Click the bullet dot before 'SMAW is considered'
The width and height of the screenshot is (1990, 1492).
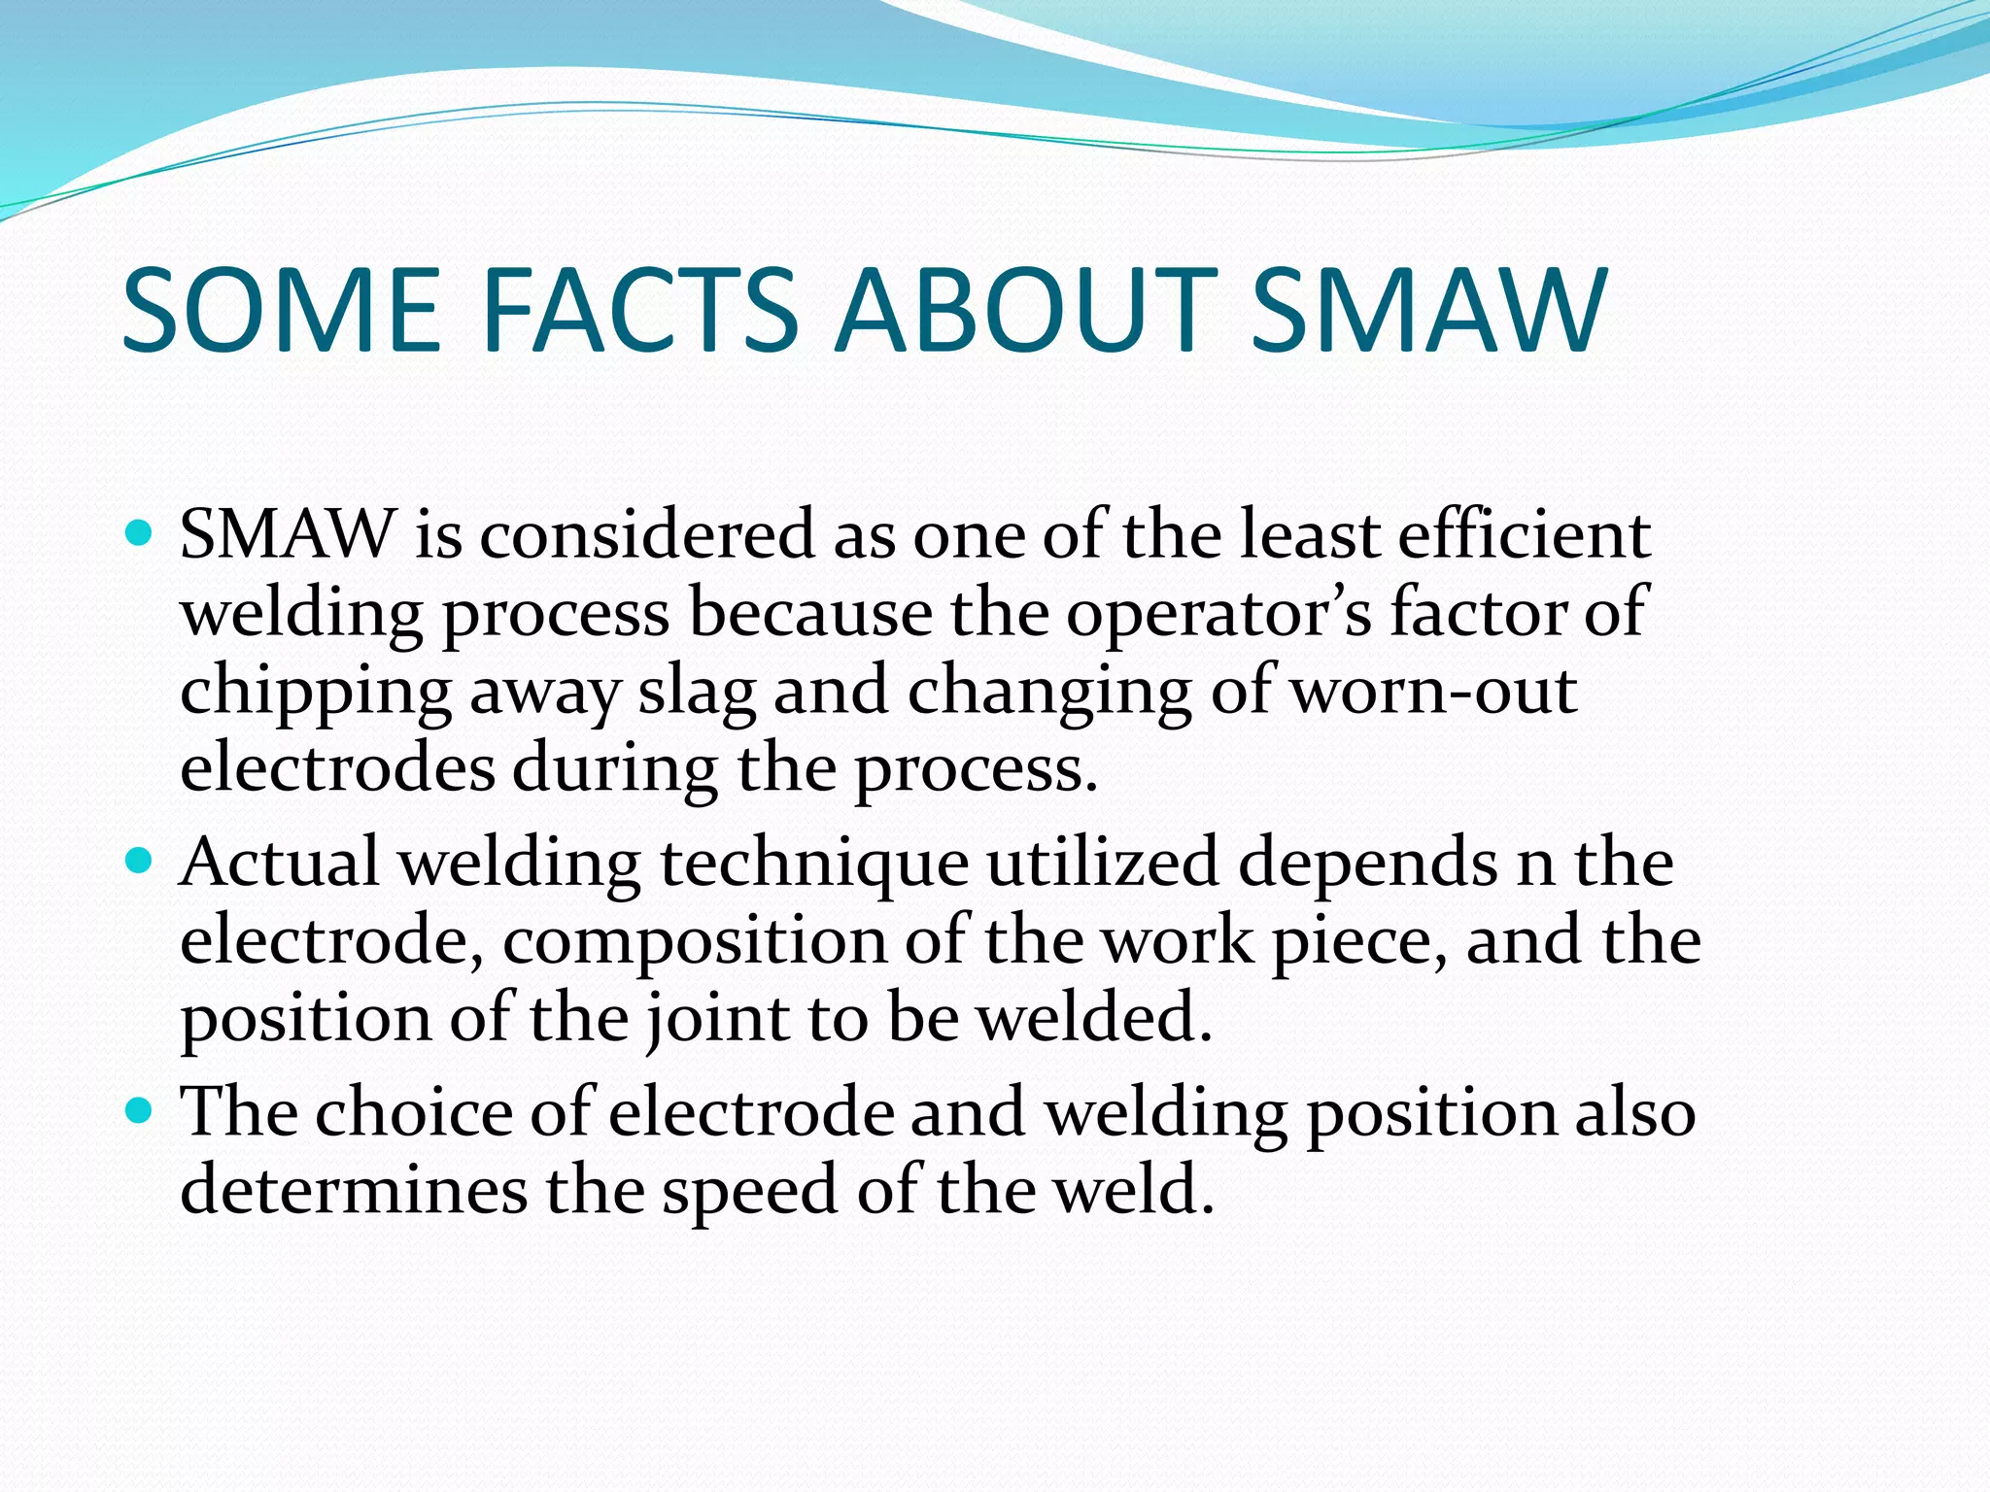[x=140, y=533]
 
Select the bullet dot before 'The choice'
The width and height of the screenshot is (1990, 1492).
[x=140, y=1110]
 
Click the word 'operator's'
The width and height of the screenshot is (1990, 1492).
[x=1218, y=614]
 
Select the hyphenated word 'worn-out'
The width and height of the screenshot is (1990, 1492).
[x=1432, y=691]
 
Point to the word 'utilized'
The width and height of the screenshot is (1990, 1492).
[x=1102, y=862]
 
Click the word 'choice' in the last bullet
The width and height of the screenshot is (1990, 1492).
[x=413, y=1111]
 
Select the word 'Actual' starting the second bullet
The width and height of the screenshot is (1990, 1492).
[x=280, y=862]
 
